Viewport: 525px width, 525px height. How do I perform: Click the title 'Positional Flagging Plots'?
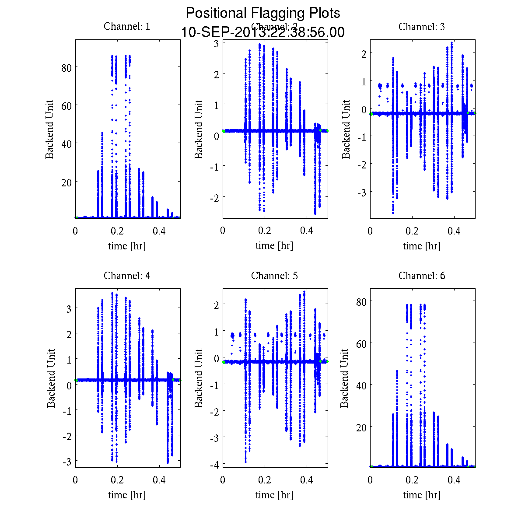tap(263, 13)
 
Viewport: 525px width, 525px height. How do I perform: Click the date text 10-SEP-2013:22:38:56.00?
tap(263, 32)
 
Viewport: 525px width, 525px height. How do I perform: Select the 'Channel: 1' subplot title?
tap(127, 26)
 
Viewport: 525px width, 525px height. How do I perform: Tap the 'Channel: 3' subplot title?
tap(422, 27)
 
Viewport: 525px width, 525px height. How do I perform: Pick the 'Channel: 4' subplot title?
tap(127, 276)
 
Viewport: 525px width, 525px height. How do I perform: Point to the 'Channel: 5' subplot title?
tap(274, 276)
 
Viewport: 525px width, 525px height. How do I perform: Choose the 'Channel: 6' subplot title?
tap(422, 276)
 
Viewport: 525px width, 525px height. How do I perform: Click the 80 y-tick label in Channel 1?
tap(66, 67)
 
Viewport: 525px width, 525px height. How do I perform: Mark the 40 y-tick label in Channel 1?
tap(66, 143)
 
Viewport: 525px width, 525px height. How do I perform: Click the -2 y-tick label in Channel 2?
tap(213, 197)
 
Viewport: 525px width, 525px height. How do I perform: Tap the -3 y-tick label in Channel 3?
tap(361, 192)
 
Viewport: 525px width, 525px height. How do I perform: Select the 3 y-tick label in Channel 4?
tap(69, 308)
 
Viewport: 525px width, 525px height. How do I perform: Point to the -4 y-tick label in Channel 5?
tap(214, 464)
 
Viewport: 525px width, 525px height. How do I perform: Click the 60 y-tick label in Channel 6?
tap(361, 343)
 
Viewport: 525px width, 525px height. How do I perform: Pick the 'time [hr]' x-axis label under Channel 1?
tap(127, 246)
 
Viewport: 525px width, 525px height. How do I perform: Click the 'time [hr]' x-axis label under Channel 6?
tap(422, 495)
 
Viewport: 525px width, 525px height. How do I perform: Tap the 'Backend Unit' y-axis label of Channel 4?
tap(51, 378)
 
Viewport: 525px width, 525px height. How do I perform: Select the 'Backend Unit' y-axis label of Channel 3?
tap(346, 129)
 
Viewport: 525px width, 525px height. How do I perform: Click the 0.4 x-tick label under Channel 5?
tap(307, 480)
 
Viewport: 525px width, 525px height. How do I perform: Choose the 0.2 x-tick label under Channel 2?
tap(265, 231)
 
